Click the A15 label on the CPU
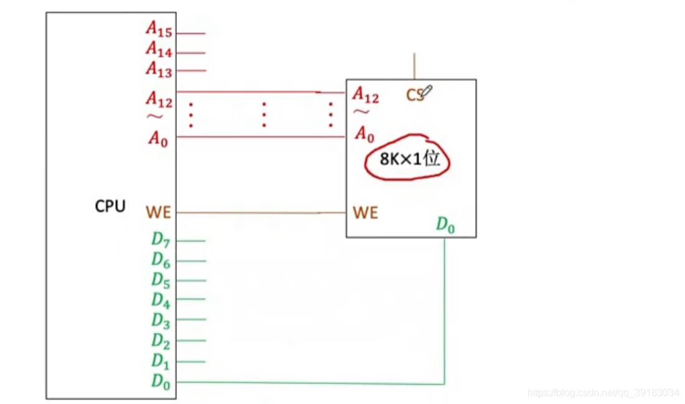point(159,29)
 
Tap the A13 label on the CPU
point(159,69)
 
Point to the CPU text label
point(110,207)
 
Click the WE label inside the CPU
point(158,213)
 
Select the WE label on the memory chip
point(365,213)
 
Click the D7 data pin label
point(161,240)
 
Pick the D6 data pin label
point(161,261)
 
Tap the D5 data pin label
point(161,281)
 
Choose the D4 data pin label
point(161,301)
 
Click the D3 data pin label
point(161,321)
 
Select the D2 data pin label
point(161,341)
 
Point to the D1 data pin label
point(161,361)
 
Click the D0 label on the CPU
point(161,381)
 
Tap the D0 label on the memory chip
point(445,225)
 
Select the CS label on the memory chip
point(415,95)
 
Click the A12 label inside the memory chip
point(365,95)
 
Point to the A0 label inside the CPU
point(158,138)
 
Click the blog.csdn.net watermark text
point(603,393)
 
